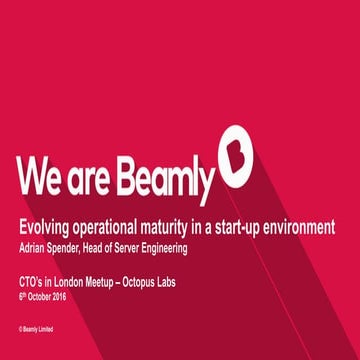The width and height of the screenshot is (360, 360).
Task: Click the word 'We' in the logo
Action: [43, 175]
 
